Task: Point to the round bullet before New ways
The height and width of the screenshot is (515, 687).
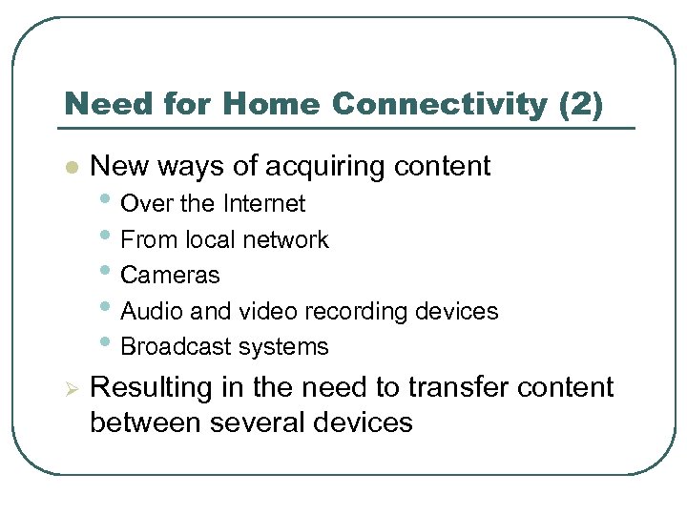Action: tap(69, 167)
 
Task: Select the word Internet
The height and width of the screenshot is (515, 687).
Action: tap(264, 204)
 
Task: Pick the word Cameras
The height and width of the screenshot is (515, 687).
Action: tap(170, 276)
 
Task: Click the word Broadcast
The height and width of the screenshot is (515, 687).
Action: tap(173, 347)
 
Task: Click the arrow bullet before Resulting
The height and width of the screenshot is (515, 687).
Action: tap(69, 388)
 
